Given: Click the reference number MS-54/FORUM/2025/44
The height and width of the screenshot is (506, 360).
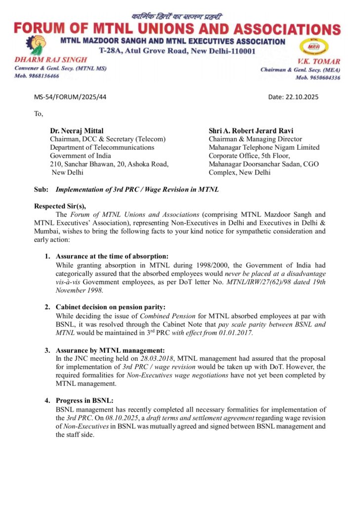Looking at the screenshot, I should point(70,97).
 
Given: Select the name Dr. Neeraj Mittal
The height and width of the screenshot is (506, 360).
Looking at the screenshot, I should point(77,131).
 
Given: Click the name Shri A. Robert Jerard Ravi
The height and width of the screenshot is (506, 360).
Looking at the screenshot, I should point(251,131).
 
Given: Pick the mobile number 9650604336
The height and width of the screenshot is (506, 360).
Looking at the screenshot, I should point(324,78).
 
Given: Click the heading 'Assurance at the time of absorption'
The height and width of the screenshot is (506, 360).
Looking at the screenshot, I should point(112,256).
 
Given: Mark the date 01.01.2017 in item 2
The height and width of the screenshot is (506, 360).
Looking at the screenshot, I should point(232,333).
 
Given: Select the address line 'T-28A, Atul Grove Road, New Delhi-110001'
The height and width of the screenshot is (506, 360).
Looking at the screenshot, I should point(177,51).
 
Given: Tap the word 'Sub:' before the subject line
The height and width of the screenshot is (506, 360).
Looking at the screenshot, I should point(41,189).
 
